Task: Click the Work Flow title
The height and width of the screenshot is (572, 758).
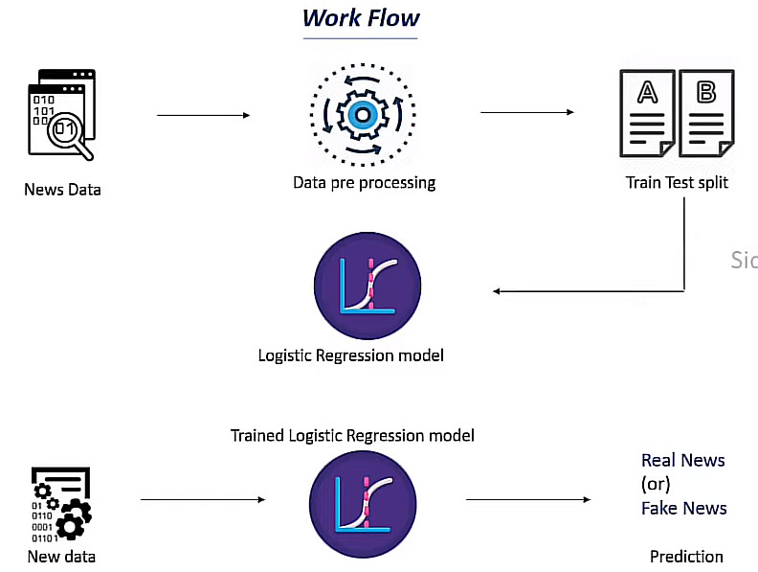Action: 361,18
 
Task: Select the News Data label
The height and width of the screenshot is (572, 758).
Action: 62,189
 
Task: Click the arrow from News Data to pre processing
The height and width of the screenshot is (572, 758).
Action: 203,116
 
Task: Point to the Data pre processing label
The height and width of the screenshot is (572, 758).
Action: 364,182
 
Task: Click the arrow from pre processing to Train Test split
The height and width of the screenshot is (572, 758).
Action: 527,113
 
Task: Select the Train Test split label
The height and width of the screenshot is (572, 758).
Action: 677,182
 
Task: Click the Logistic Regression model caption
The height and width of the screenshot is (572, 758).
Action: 351,355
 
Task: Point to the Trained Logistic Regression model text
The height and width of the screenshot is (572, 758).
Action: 352,436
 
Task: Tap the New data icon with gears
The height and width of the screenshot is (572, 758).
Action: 61,504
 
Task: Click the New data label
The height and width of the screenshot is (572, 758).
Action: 61,556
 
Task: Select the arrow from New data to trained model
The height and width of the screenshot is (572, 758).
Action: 202,499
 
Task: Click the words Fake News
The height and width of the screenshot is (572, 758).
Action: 683,508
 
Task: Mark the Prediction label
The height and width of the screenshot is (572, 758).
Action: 686,556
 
